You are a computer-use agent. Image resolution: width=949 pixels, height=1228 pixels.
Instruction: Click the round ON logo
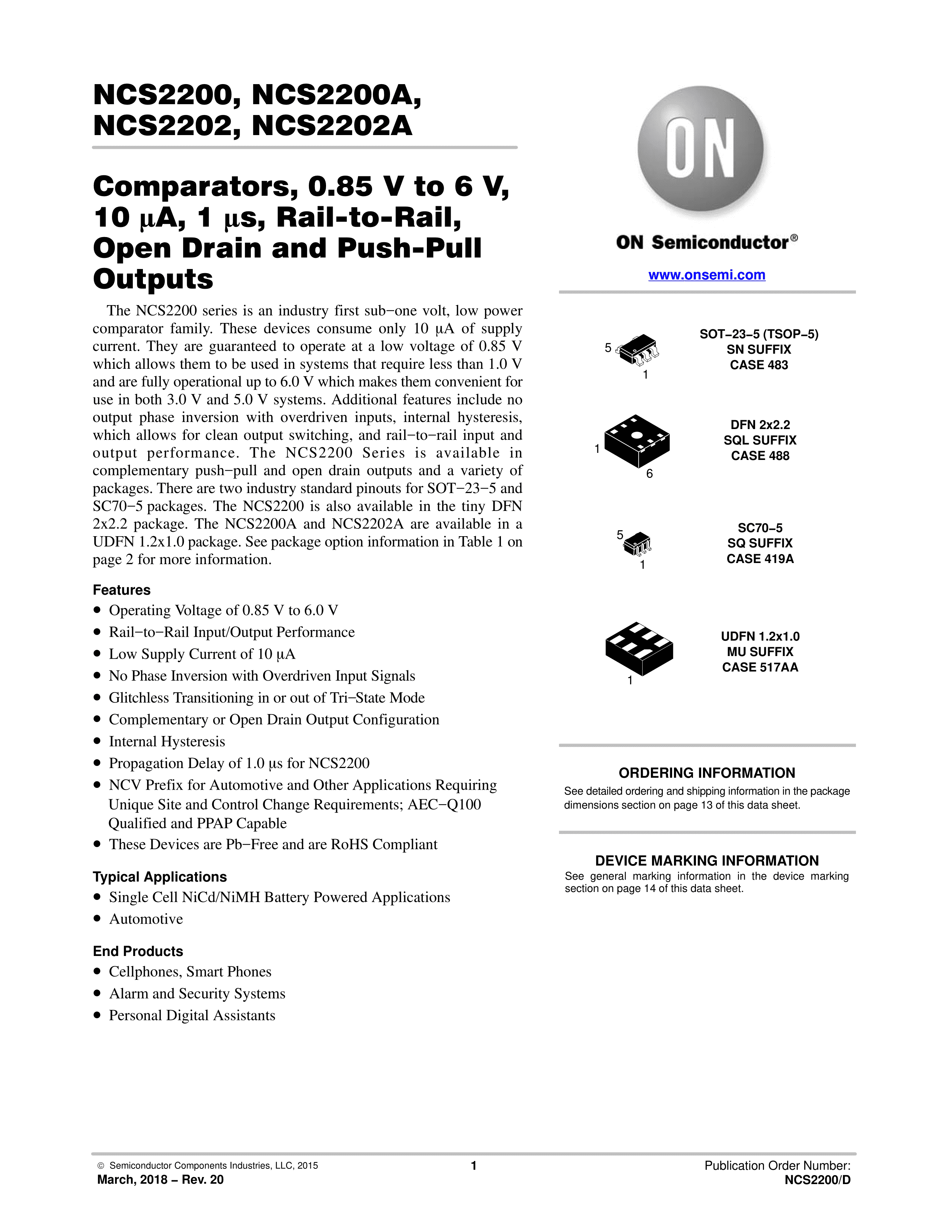click(x=700, y=149)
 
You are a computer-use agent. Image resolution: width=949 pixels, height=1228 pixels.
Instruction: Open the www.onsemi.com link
click(x=707, y=275)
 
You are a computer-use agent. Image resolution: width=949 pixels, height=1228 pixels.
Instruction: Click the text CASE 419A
click(x=760, y=559)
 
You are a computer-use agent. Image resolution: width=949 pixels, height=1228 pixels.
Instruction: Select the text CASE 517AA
click(x=760, y=668)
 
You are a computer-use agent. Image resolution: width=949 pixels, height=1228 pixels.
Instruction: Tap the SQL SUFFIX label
click(x=760, y=440)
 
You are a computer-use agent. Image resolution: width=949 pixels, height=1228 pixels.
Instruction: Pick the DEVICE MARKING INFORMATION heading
click(x=707, y=861)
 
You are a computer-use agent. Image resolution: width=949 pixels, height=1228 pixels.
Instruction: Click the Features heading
click(x=121, y=590)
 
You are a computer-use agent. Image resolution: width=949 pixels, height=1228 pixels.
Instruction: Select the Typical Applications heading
click(x=160, y=877)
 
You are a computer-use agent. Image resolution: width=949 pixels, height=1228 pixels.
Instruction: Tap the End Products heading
click(x=138, y=952)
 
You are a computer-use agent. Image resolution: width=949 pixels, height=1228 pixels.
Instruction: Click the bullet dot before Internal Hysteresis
click(x=97, y=742)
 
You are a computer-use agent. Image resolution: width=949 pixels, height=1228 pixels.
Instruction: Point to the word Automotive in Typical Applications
click(x=146, y=919)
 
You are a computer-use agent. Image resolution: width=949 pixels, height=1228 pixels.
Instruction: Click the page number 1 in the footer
click(x=473, y=1165)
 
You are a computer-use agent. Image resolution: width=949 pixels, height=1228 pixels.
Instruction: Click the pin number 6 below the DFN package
click(x=649, y=474)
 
